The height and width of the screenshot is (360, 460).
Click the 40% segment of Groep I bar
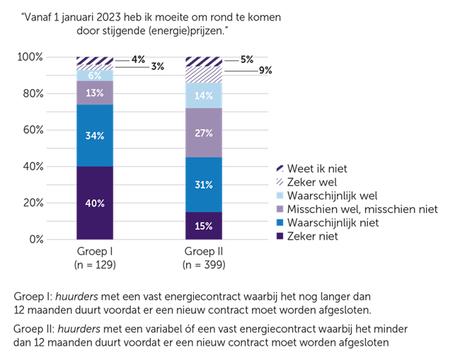click(x=95, y=203)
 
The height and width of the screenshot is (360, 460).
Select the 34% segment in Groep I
click(x=95, y=135)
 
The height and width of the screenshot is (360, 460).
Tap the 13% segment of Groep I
click(x=95, y=93)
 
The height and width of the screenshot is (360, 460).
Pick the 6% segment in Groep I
click(x=95, y=75)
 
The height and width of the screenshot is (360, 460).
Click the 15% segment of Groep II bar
click(x=203, y=226)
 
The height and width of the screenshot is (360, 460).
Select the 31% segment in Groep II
click(x=203, y=185)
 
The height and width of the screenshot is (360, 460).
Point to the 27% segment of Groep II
click(x=203, y=132)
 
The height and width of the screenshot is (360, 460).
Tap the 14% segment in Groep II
click(x=203, y=95)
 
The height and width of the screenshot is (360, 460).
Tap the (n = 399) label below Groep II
click(x=203, y=265)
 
